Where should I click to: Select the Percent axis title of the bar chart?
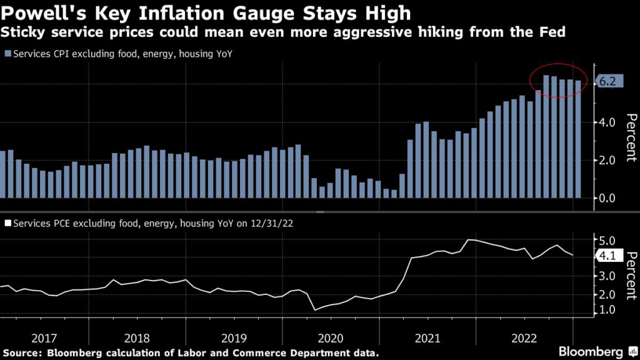click(x=630, y=138)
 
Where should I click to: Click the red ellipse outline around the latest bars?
click(x=530, y=80)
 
